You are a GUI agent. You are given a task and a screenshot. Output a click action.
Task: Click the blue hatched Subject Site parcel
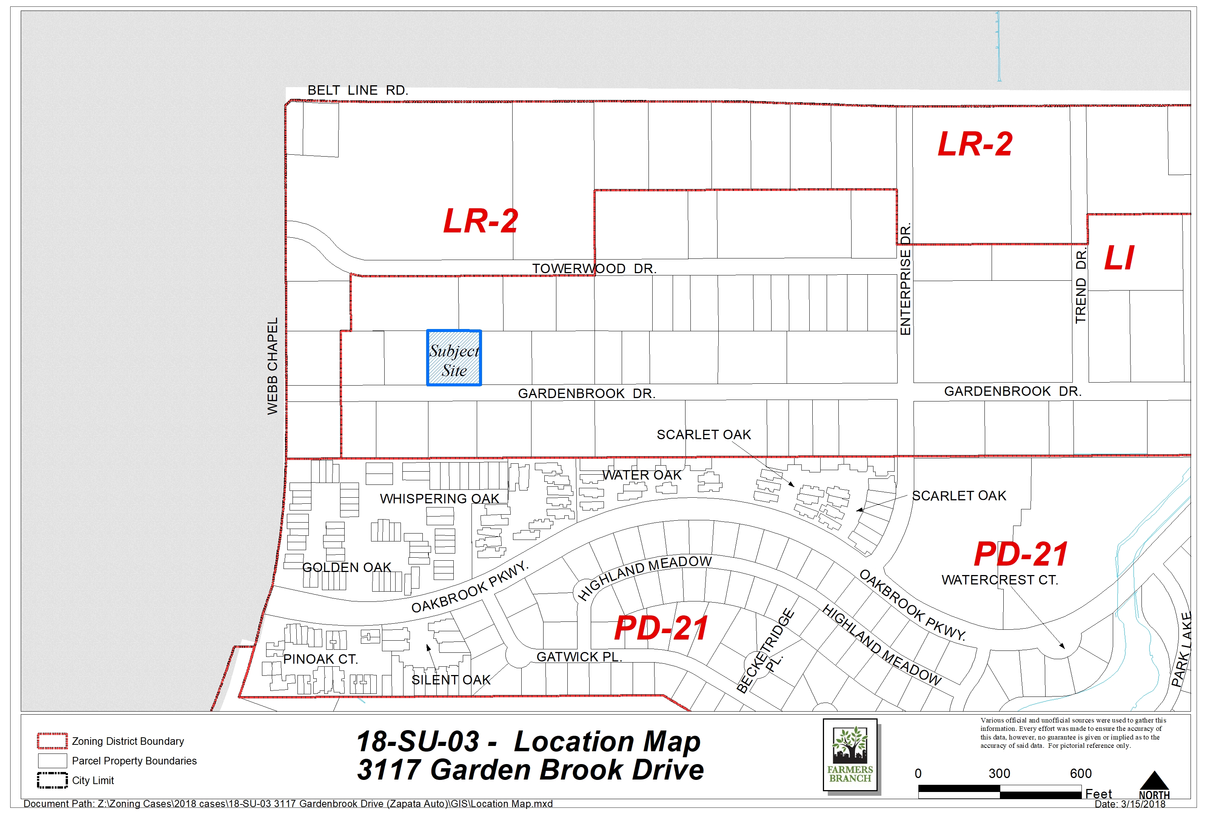(454, 358)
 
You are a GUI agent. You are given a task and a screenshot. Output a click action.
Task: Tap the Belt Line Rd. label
(358, 91)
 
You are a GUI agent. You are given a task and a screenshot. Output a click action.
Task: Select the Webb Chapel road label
(273, 366)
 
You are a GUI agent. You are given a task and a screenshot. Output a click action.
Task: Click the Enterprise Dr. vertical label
(905, 279)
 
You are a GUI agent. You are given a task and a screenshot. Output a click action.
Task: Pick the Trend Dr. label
(1081, 286)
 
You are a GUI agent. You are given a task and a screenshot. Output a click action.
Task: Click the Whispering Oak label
(439, 498)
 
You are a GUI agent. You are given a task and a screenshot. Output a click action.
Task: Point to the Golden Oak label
(347, 567)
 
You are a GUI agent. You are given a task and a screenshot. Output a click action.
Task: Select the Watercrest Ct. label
(1000, 580)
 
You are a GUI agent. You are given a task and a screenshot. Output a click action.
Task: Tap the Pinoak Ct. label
(320, 659)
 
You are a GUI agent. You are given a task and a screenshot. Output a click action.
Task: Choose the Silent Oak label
(451, 680)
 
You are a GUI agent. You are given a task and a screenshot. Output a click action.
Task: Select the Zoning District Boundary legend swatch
(52, 741)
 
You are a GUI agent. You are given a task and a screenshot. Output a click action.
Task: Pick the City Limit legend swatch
(52, 780)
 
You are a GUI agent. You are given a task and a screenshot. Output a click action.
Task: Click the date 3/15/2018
(1143, 804)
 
